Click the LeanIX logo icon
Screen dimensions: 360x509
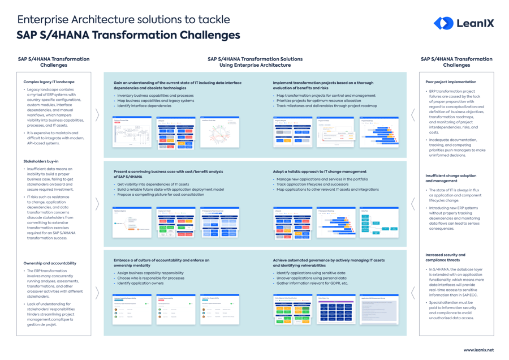tap(443, 23)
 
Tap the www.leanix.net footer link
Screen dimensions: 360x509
tap(478, 350)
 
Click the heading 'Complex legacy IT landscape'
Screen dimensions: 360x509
tap(49, 82)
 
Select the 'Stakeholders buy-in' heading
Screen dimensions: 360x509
tap(41, 161)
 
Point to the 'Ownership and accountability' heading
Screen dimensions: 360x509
tap(50, 263)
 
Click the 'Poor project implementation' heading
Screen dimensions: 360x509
tap(451, 82)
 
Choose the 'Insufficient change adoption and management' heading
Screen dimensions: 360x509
tap(451, 178)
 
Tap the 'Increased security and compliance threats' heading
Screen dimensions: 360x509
tap(446, 258)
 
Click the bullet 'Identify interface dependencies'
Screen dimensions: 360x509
tap(144, 106)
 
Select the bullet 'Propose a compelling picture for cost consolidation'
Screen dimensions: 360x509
tap(161, 194)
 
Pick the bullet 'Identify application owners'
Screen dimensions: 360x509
tap(140, 283)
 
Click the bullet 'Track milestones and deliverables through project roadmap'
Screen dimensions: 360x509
tap(326, 106)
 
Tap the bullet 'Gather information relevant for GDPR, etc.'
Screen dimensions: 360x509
tap(312, 283)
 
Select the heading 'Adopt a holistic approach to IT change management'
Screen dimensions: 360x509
tap(320, 172)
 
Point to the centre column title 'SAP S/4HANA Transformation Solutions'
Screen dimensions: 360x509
tap(255, 59)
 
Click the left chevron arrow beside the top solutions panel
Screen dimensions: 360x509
tap(97, 115)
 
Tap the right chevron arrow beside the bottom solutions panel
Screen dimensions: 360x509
tap(413, 292)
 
